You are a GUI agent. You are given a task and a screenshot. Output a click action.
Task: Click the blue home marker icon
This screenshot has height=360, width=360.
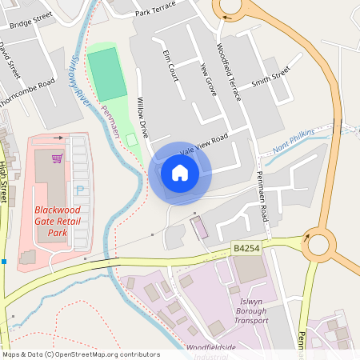coord(180,173)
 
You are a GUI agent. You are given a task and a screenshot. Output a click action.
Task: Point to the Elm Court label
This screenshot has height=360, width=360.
coord(170,63)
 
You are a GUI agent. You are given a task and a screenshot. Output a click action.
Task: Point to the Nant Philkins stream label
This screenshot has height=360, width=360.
coord(293,138)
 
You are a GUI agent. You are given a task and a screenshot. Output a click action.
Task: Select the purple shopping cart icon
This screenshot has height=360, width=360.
coord(57,158)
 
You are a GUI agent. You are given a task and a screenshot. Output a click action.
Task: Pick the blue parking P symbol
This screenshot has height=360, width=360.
coord(79,190)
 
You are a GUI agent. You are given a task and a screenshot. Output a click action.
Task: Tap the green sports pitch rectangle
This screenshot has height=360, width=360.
coord(106,74)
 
